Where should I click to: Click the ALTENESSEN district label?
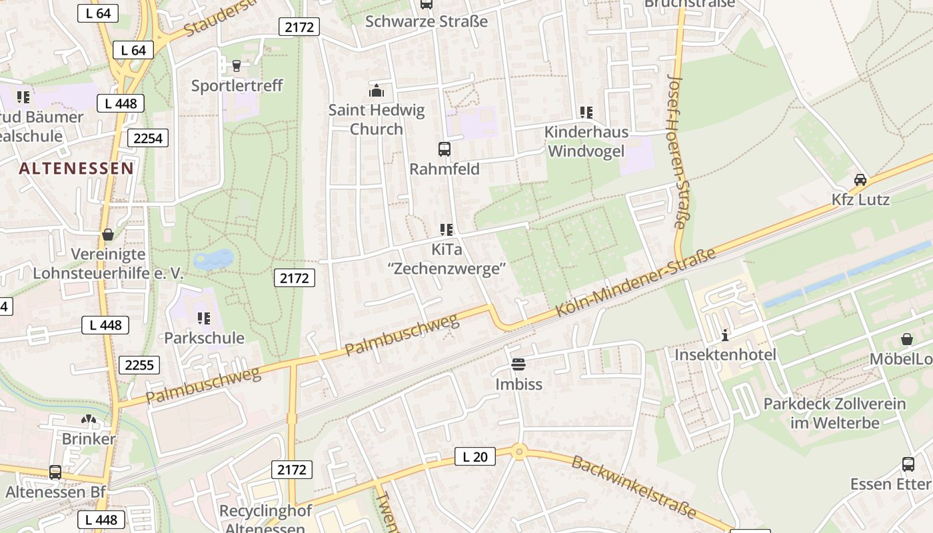click(x=76, y=168)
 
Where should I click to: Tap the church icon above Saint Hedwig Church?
click(x=377, y=91)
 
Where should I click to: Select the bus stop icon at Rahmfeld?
click(x=444, y=149)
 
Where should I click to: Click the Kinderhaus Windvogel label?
click(x=586, y=141)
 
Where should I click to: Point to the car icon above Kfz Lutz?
click(x=860, y=180)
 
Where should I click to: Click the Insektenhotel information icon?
click(x=725, y=334)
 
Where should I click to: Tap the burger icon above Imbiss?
click(x=518, y=364)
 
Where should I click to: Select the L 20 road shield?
click(x=474, y=456)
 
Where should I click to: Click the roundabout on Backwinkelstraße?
click(x=519, y=452)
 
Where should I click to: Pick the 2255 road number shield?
click(x=139, y=364)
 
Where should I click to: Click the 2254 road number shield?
click(x=148, y=138)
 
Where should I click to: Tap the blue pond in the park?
click(x=213, y=259)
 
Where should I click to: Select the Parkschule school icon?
click(x=204, y=318)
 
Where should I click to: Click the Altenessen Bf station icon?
click(x=55, y=472)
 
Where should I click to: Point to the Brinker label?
click(x=89, y=439)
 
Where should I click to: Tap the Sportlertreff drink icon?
click(x=237, y=65)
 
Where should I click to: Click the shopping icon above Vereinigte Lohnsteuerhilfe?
click(x=107, y=235)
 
